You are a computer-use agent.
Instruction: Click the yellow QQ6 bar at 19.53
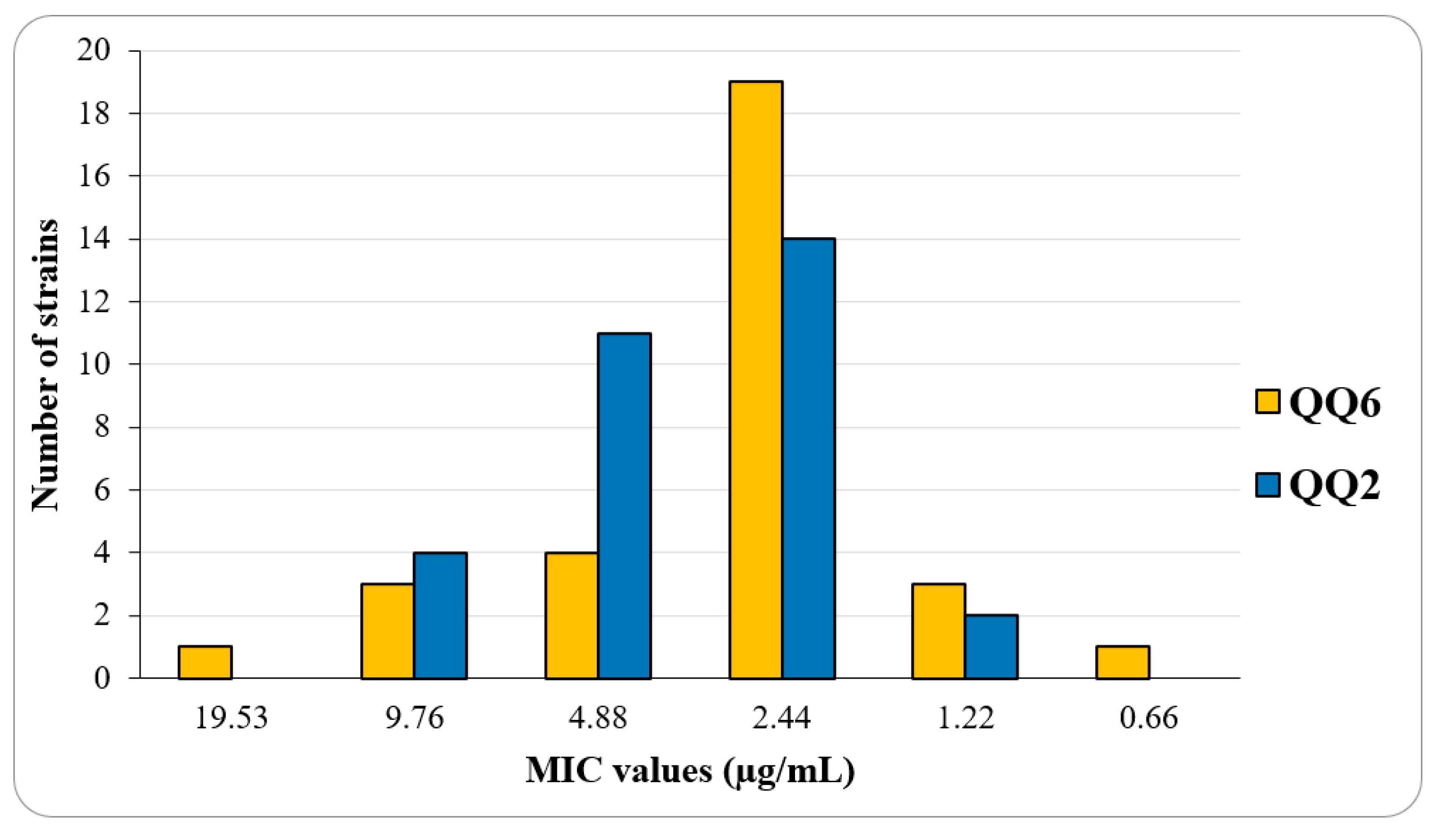(205, 662)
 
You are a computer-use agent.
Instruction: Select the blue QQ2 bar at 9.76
(440, 616)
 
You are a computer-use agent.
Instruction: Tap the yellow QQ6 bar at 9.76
(388, 631)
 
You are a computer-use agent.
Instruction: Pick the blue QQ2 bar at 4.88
(624, 506)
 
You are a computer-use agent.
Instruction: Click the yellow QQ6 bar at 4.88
(572, 616)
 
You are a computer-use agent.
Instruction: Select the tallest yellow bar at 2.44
(756, 380)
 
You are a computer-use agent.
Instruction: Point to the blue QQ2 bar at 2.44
(809, 458)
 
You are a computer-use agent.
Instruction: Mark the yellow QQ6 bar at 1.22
(939, 631)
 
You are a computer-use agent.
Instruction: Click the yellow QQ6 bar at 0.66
(1123, 662)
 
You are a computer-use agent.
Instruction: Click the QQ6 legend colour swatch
(1268, 403)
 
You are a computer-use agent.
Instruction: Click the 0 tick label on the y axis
(102, 678)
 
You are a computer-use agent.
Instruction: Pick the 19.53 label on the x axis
(231, 718)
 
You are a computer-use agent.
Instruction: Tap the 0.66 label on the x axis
(1149, 718)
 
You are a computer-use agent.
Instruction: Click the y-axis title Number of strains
(45, 365)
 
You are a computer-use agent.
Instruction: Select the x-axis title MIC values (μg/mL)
(690, 770)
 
